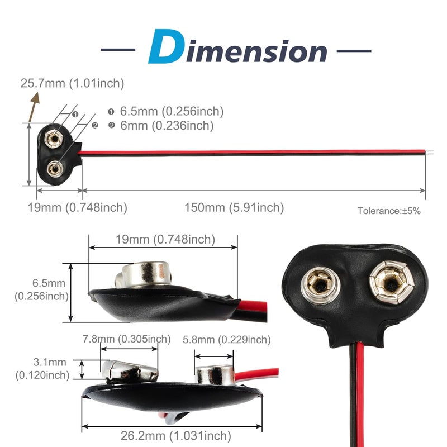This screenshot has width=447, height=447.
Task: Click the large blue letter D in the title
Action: click(x=165, y=46)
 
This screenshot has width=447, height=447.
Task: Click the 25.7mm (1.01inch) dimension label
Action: click(x=73, y=83)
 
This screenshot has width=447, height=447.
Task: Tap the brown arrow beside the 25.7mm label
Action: click(x=34, y=107)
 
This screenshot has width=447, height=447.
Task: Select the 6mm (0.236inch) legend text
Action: click(x=167, y=126)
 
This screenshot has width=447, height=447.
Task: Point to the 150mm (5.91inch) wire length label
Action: click(x=234, y=207)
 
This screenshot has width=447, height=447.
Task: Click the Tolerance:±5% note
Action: click(x=389, y=211)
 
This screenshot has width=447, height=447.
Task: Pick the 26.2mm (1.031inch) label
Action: click(x=176, y=436)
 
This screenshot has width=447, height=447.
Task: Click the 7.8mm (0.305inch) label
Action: click(x=127, y=339)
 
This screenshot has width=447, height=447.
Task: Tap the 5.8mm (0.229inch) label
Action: click(x=227, y=340)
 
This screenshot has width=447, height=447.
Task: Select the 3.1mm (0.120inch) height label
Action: click(x=42, y=369)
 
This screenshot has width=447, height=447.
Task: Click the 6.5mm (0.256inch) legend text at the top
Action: click(x=172, y=111)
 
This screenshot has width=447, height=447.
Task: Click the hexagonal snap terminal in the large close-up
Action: click(x=392, y=282)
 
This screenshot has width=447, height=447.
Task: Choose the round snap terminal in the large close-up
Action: click(x=321, y=286)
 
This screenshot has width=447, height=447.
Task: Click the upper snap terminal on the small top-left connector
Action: click(x=54, y=139)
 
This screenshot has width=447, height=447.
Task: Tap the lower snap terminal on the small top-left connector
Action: click(x=54, y=169)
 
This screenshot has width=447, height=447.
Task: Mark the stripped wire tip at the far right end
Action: click(x=430, y=152)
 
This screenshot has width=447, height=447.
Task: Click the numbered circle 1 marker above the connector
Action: click(x=75, y=115)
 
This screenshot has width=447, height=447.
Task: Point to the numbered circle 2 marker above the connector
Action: click(x=95, y=125)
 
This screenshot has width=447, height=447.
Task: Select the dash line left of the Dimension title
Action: click(x=118, y=50)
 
